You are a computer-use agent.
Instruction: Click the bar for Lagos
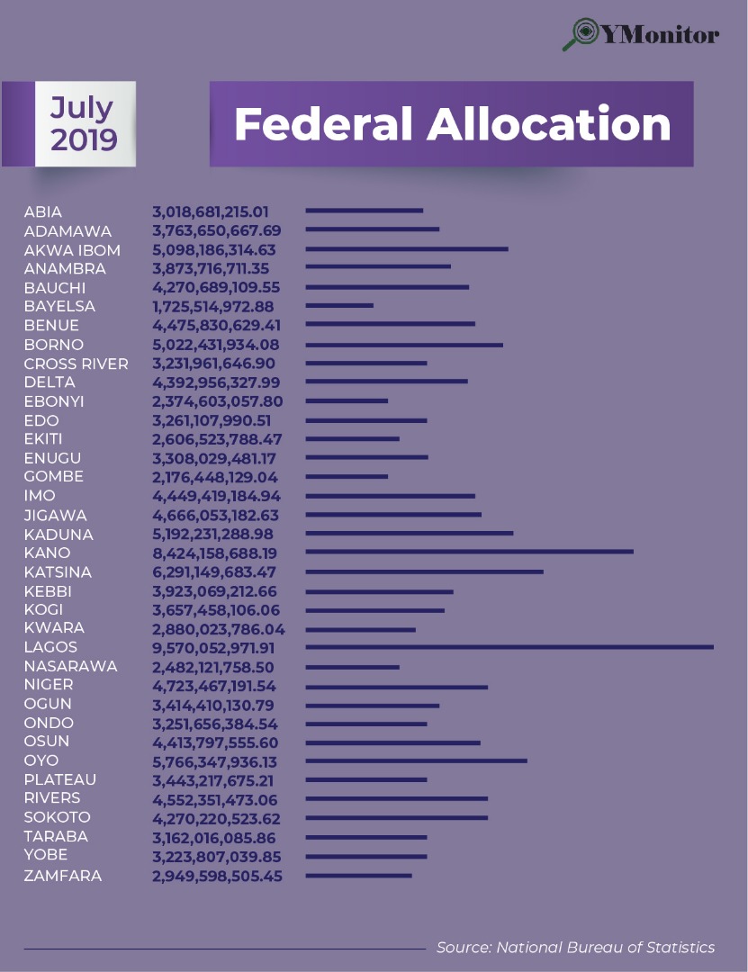(509, 647)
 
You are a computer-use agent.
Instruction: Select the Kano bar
(470, 552)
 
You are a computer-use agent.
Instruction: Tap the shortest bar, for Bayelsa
(339, 306)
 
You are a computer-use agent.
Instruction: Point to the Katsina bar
(425, 571)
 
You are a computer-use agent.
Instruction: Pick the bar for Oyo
(416, 760)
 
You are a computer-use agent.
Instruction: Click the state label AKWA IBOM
(72, 250)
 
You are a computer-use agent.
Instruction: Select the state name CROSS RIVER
(76, 364)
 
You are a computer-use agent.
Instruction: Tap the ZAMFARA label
(63, 875)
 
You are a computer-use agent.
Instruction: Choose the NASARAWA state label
(70, 666)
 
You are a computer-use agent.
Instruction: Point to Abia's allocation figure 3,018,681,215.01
(211, 212)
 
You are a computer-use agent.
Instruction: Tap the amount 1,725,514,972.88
(212, 307)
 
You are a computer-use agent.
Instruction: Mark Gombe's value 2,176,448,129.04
(215, 477)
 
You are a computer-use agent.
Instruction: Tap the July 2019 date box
(85, 124)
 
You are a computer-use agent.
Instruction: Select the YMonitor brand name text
(661, 34)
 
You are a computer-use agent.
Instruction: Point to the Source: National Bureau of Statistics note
(576, 947)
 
